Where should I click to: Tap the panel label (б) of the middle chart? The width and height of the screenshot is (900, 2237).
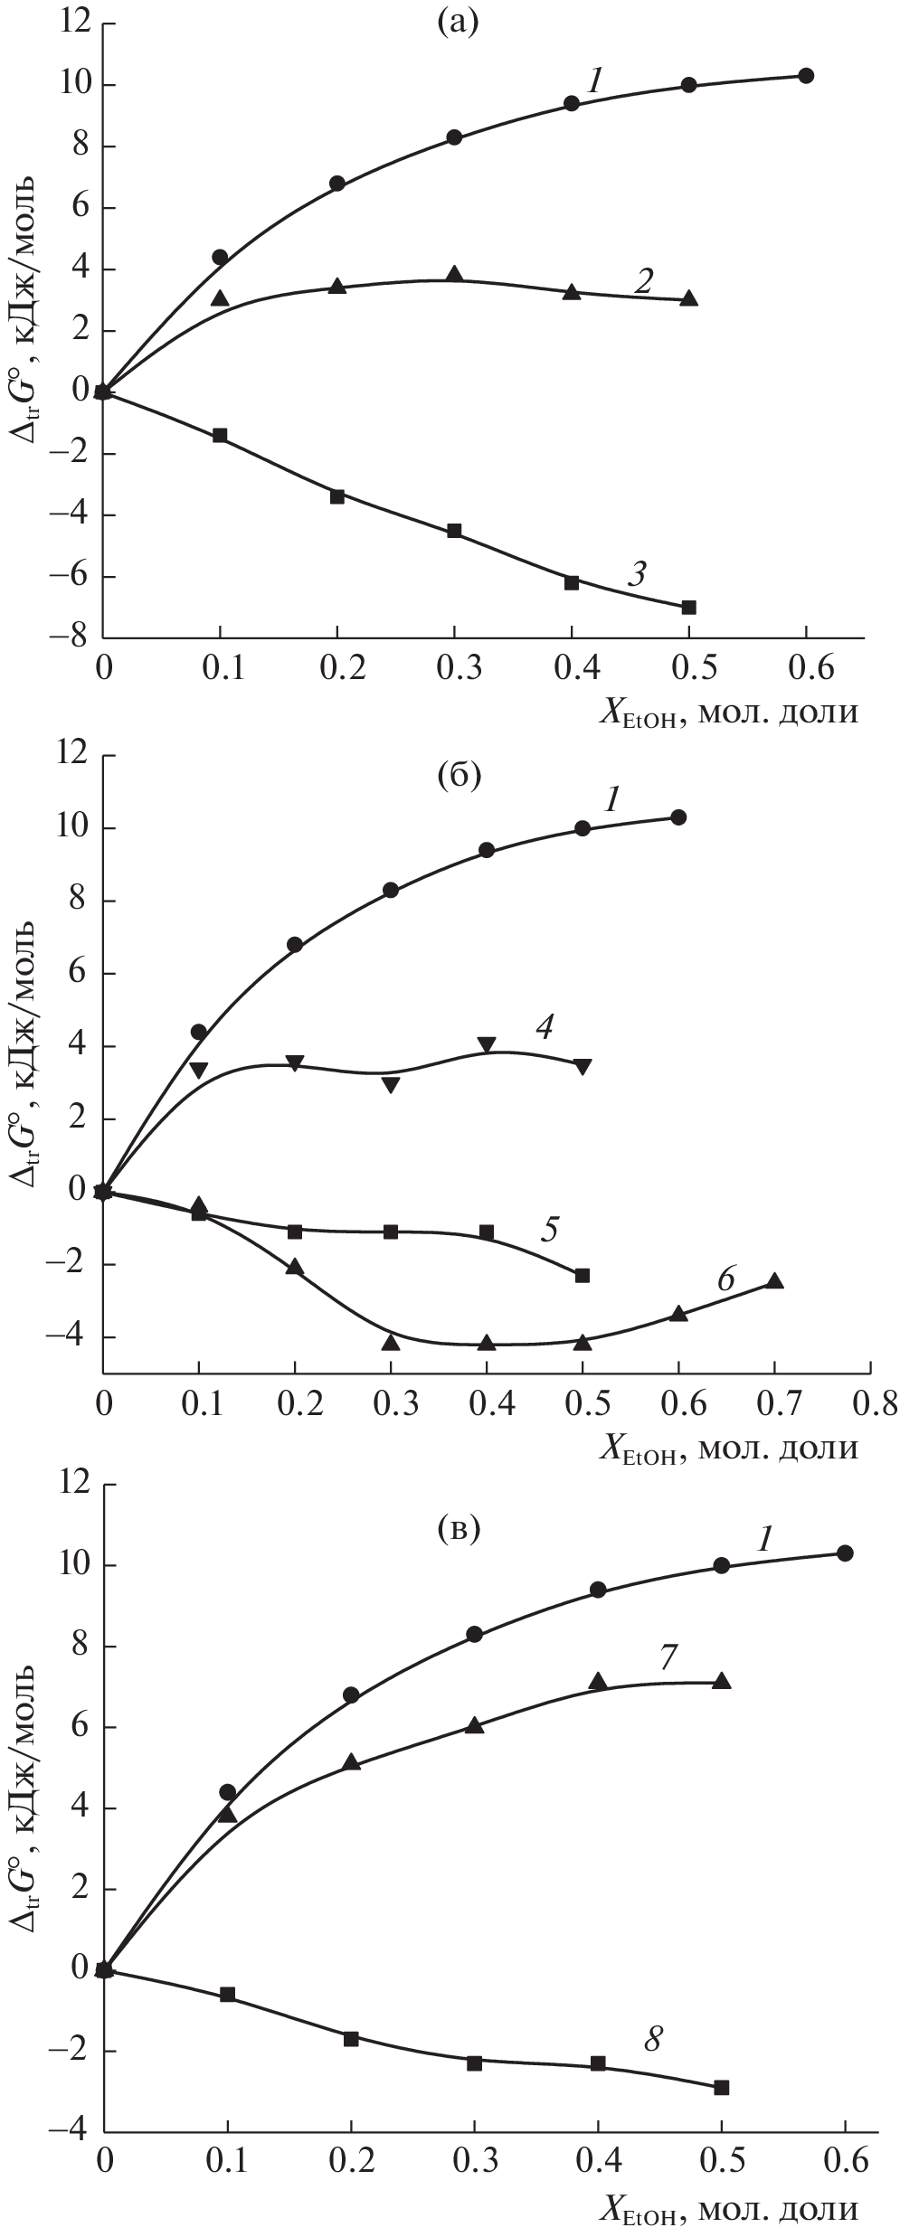pyautogui.click(x=457, y=774)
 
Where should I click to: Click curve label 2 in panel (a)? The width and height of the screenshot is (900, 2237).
pyautogui.click(x=643, y=281)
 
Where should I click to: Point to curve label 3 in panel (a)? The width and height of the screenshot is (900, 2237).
pyautogui.click(x=639, y=572)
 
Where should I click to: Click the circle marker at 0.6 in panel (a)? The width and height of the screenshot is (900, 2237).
pyautogui.click(x=806, y=75)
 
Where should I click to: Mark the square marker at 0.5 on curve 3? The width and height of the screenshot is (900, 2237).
pyautogui.click(x=689, y=607)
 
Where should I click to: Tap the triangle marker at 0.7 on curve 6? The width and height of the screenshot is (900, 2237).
pyautogui.click(x=774, y=1281)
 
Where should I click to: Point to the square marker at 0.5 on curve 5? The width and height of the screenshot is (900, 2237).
pyautogui.click(x=583, y=1276)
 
